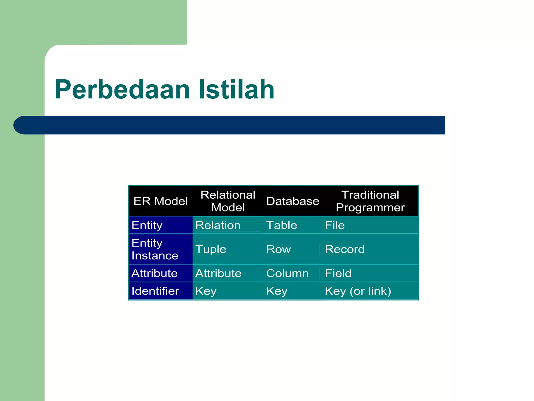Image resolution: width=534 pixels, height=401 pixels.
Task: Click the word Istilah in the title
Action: tap(236, 90)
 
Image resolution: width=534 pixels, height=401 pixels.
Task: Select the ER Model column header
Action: tap(161, 201)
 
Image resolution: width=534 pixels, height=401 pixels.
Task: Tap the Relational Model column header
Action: tap(228, 201)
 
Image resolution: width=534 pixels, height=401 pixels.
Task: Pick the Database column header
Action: tap(293, 201)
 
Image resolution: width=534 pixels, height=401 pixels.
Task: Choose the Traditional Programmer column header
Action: tap(370, 201)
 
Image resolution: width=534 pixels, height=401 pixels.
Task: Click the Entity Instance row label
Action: tap(155, 249)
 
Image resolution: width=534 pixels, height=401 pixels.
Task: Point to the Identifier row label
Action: tap(155, 291)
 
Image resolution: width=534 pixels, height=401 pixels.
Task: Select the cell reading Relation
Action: tap(218, 225)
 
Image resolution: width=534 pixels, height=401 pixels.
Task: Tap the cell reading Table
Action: tap(282, 225)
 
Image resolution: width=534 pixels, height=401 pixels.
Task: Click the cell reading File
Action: tap(335, 225)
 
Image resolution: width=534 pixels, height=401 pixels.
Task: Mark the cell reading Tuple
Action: tap(211, 249)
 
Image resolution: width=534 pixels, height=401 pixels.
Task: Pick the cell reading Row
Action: tap(278, 249)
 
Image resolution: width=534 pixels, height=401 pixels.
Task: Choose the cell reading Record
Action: tap(345, 249)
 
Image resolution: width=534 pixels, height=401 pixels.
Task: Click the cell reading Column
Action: tap(287, 273)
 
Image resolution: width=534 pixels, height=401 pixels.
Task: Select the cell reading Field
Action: tap(338, 273)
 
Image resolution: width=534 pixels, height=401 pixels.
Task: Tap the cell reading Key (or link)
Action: tap(358, 291)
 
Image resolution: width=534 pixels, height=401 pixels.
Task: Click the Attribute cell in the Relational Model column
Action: tap(219, 273)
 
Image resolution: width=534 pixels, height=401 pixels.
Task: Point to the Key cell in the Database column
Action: tap(277, 291)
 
